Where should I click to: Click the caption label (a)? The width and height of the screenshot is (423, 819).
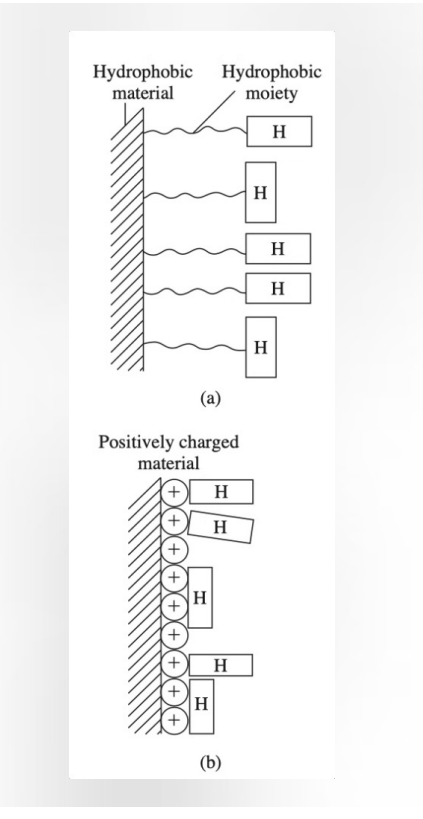pyautogui.click(x=208, y=397)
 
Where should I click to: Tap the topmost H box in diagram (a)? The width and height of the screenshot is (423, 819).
pyautogui.click(x=278, y=133)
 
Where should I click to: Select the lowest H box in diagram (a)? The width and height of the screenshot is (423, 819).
pyautogui.click(x=260, y=346)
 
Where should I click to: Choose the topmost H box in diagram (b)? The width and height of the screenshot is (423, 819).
pyautogui.click(x=220, y=492)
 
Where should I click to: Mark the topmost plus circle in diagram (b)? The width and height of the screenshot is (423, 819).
pyautogui.click(x=174, y=492)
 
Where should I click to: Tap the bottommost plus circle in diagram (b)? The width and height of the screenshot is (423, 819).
pyautogui.click(x=174, y=718)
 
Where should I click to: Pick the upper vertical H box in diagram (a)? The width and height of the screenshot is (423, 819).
pyautogui.click(x=260, y=190)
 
